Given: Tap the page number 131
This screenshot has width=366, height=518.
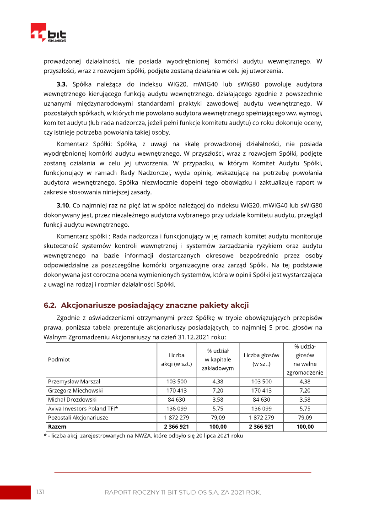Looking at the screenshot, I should click(x=40, y=492).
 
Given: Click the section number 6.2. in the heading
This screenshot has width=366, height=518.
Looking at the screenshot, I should click(x=50, y=305).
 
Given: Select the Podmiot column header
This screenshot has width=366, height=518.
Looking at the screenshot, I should click(x=59, y=360).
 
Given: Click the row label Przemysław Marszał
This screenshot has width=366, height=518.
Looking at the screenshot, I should click(x=74, y=382).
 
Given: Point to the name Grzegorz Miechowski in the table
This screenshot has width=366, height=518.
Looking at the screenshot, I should click(x=75, y=391).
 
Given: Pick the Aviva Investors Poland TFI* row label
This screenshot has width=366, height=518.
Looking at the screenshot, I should click(x=83, y=409).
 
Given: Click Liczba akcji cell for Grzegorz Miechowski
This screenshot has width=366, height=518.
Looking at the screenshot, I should click(x=176, y=391).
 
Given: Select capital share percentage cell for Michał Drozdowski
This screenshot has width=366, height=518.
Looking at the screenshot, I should click(x=218, y=399).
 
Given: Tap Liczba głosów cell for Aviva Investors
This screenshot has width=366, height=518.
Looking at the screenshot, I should click(x=261, y=409).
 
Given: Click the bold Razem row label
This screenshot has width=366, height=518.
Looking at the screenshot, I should click(x=57, y=426).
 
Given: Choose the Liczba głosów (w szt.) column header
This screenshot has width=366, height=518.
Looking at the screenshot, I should click(x=261, y=360).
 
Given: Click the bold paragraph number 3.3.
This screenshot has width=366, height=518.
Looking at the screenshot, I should click(x=62, y=84).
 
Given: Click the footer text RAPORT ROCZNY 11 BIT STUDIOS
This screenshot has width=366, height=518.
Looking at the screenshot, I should click(x=183, y=492).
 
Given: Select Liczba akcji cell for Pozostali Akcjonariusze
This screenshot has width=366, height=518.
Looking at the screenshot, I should click(x=176, y=418).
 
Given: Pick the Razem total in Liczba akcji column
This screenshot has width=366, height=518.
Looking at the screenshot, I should click(x=176, y=426).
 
